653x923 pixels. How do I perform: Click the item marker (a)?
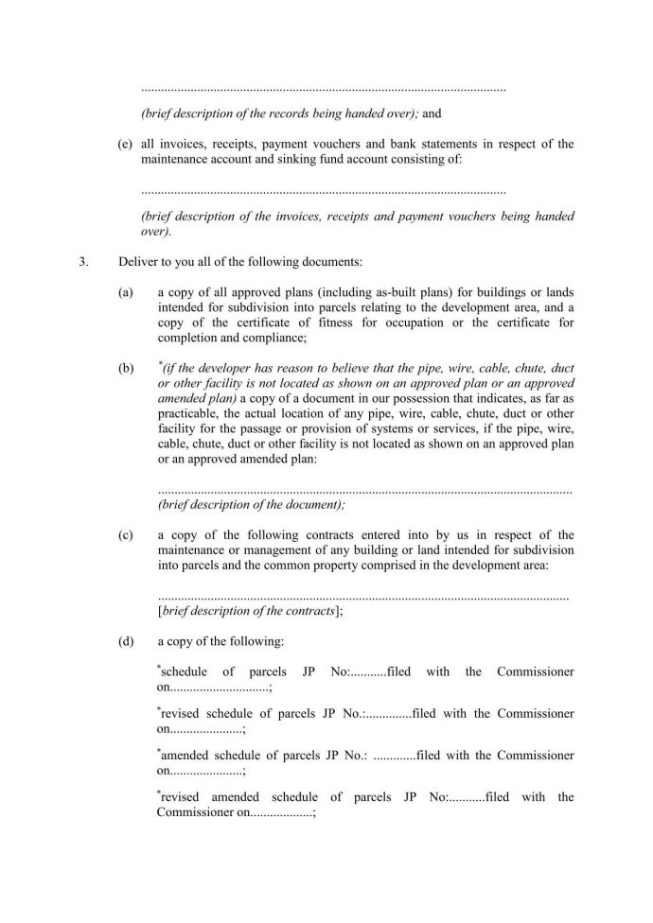coord(125,293)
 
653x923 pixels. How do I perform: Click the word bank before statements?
coord(429,145)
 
